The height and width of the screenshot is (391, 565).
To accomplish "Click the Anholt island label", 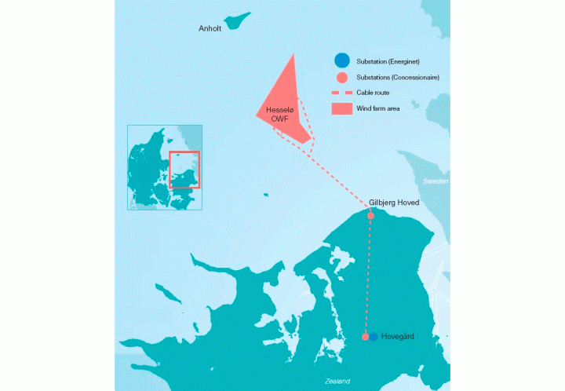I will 211,30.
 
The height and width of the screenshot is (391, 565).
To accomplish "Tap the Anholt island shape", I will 236,20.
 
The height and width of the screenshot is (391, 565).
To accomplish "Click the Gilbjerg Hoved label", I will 394,203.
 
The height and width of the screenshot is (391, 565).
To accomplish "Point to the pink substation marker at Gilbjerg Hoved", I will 370,215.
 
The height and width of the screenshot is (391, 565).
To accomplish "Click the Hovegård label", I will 397,336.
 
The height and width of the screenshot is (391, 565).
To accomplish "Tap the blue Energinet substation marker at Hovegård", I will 374,336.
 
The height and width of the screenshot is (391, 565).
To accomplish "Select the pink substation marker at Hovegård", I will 365,336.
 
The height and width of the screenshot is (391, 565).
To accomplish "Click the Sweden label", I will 436,181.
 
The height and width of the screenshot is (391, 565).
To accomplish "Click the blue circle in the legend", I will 341,60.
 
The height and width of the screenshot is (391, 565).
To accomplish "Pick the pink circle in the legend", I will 341,78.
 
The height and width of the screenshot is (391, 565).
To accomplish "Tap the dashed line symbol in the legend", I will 341,93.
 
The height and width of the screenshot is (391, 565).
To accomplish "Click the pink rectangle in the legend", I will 341,108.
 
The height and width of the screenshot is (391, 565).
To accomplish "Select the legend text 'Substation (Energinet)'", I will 386,61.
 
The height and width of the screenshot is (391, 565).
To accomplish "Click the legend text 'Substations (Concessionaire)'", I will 397,78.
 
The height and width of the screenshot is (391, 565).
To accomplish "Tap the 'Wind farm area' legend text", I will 378,108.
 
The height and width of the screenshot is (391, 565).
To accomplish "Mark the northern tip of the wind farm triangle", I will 293,55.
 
